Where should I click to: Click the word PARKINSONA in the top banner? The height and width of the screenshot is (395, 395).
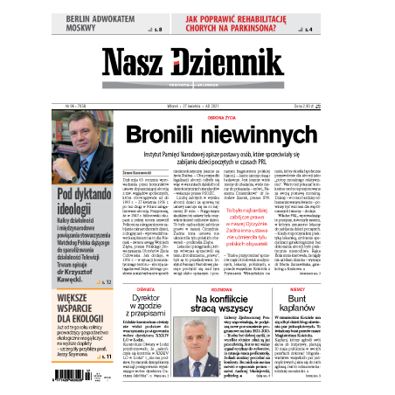point(267,29)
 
